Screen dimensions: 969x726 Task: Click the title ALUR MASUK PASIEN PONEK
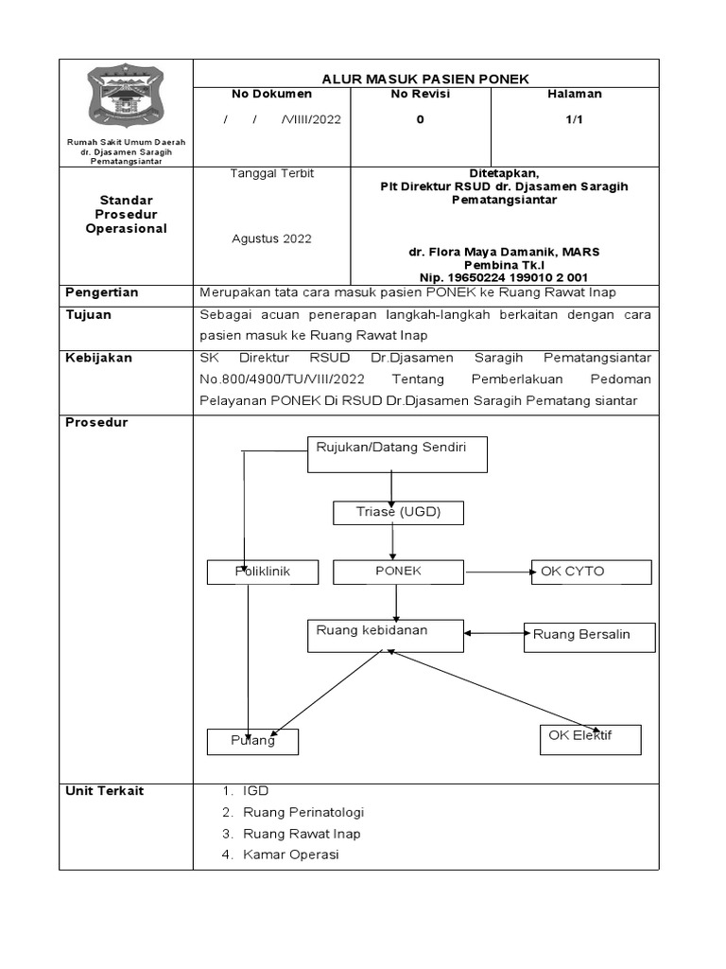point(426,79)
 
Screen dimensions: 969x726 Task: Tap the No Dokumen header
point(272,95)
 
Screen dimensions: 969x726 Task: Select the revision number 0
point(421,120)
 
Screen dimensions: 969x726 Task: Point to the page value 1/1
point(574,120)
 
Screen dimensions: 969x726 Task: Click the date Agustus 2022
point(272,238)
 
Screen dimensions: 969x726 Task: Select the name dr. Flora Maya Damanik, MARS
point(504,253)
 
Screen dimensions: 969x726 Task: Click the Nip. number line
point(503,278)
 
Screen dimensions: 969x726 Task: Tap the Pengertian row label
point(102,293)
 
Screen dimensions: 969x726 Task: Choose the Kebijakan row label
point(99,359)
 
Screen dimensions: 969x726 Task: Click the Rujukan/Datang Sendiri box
point(398,453)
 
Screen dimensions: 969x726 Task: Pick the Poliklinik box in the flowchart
point(263,573)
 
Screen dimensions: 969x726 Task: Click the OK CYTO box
point(591,572)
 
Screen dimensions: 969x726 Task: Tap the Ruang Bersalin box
point(590,636)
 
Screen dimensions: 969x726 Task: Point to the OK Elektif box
point(591,739)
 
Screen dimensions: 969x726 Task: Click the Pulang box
point(253,741)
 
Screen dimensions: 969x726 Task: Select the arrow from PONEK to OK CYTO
point(497,572)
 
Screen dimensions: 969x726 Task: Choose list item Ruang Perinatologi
point(303,813)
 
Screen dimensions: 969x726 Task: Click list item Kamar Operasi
point(290,854)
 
